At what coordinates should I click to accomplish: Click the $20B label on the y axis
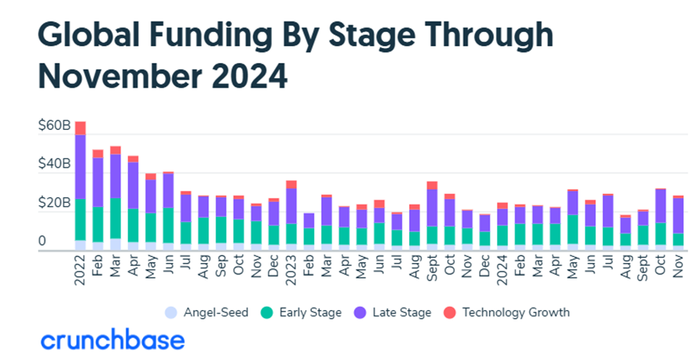click(54, 204)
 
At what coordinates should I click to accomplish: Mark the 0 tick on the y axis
click(42, 241)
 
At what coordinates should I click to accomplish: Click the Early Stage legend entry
click(306, 312)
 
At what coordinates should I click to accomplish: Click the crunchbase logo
click(113, 340)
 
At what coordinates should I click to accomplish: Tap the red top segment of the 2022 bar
click(81, 128)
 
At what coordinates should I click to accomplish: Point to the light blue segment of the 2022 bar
click(81, 245)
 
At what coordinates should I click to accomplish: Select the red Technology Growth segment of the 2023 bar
click(291, 184)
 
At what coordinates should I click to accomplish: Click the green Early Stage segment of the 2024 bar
click(503, 235)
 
